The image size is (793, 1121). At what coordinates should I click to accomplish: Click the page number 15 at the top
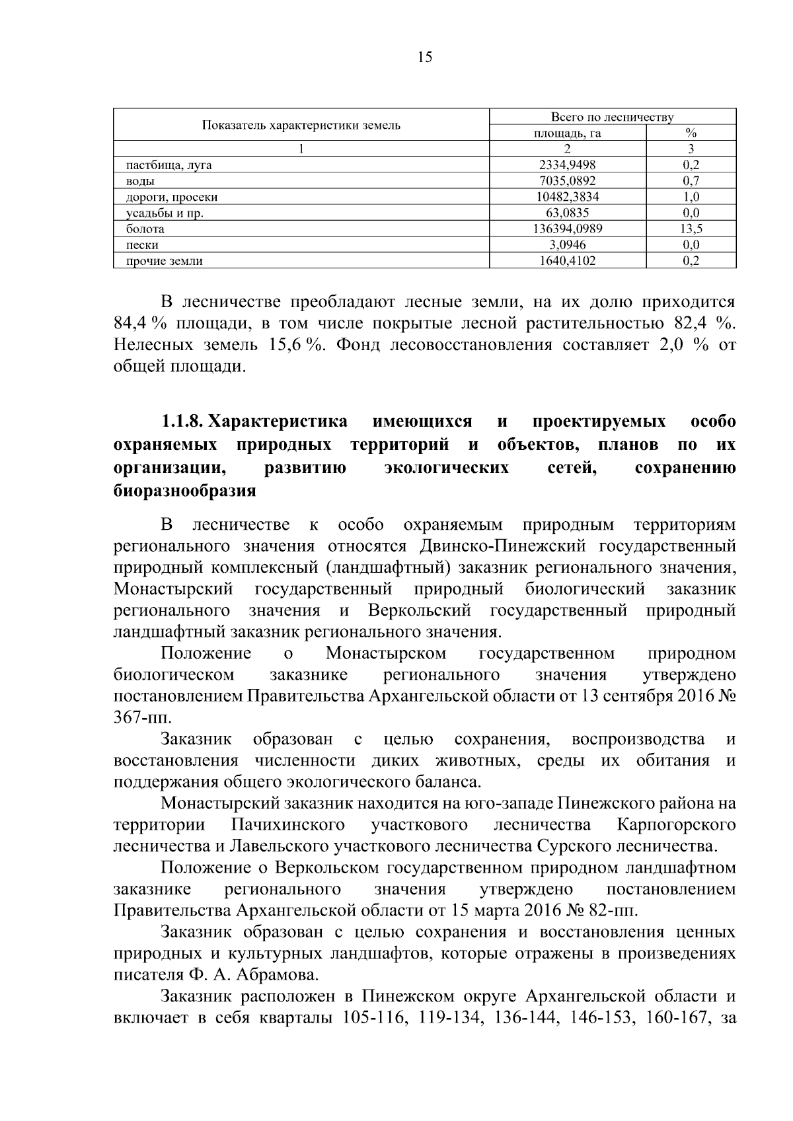click(x=425, y=57)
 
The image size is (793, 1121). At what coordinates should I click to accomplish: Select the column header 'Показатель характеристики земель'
click(x=301, y=126)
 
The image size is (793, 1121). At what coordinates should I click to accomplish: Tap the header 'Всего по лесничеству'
click(x=612, y=118)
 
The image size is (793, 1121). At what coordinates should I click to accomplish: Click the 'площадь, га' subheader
click(x=567, y=133)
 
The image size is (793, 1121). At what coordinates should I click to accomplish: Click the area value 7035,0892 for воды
click(x=567, y=181)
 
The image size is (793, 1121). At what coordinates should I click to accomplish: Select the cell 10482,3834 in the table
click(x=567, y=197)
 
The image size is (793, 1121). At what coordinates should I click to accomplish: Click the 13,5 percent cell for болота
click(x=691, y=229)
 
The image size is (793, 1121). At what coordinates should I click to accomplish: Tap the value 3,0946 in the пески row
click(x=567, y=244)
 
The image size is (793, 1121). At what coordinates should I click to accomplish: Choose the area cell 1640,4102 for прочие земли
click(x=567, y=260)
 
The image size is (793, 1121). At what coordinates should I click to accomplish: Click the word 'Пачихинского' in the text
click(x=288, y=824)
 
